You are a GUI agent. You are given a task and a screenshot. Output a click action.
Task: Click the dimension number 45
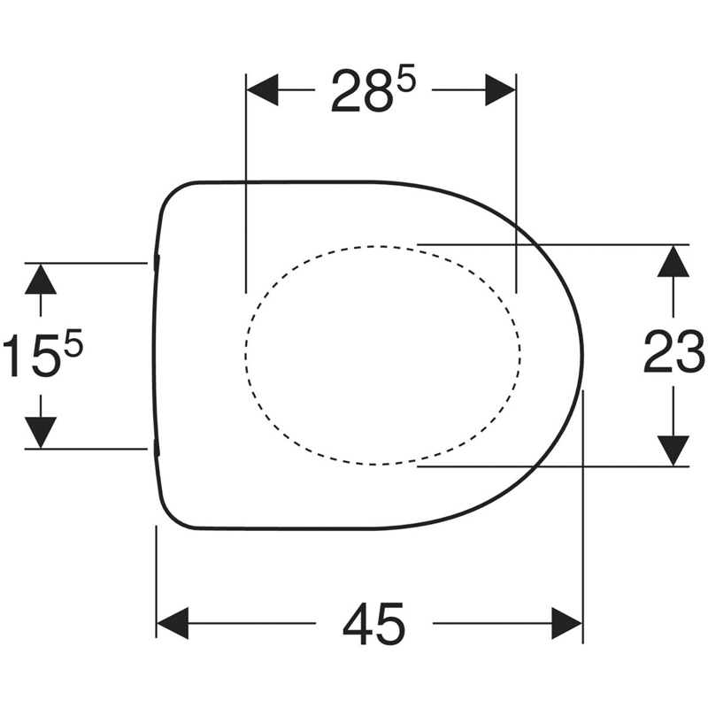[373, 624]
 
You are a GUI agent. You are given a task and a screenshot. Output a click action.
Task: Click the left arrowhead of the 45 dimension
[173, 623]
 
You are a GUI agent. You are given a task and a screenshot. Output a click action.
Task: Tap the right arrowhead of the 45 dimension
[566, 623]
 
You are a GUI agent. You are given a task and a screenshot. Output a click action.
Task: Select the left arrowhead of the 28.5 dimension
[262, 90]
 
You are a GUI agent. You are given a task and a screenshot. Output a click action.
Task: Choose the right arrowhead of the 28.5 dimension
[501, 90]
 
